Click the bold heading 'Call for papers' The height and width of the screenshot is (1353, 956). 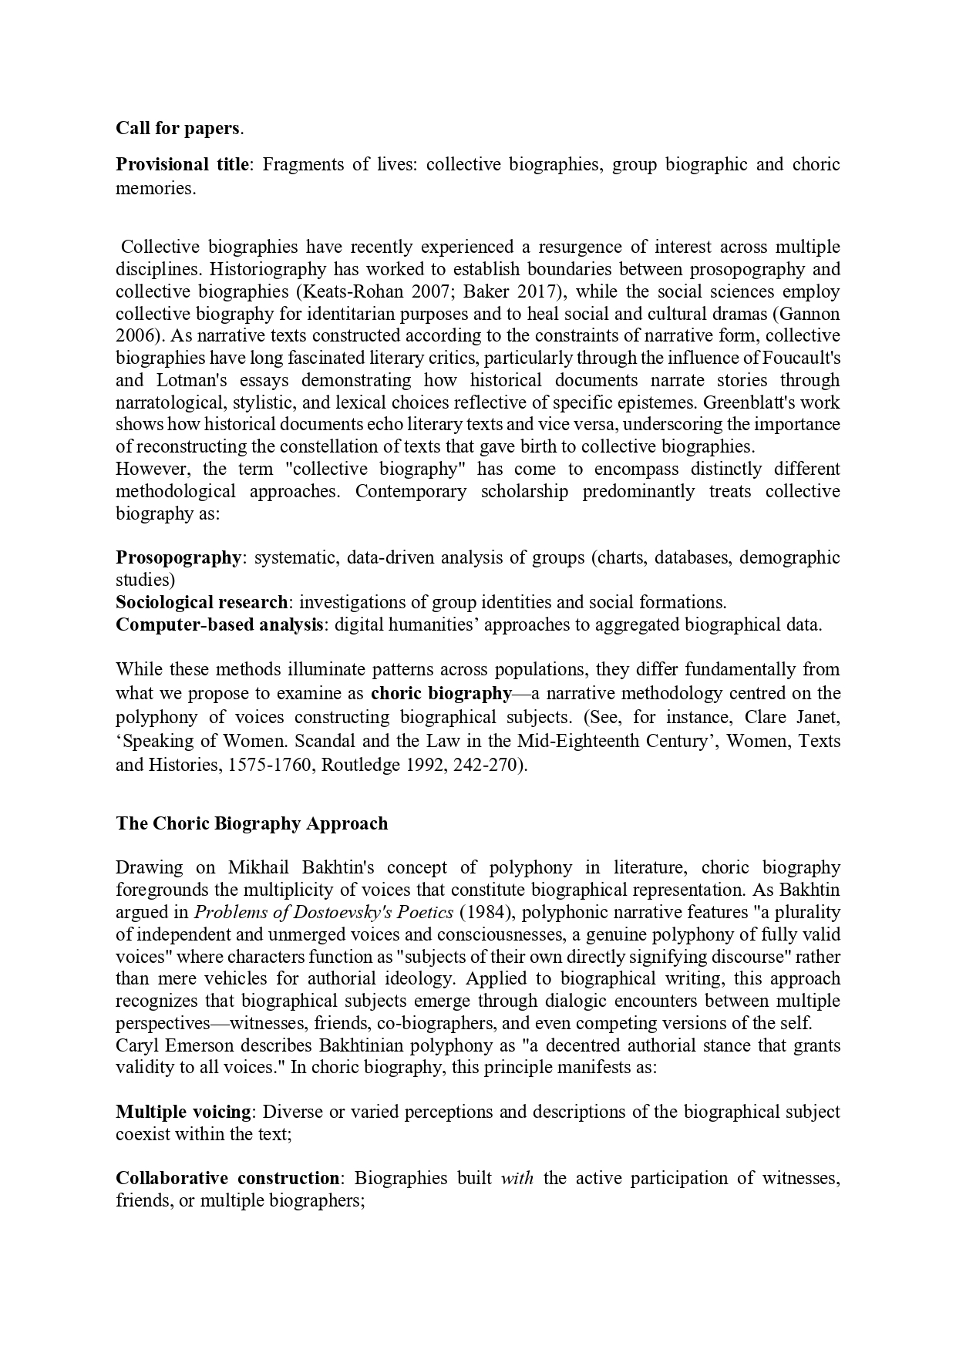tap(178, 128)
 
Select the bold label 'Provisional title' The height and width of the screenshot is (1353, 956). tap(183, 164)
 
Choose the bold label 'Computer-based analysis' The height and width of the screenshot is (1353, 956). tap(219, 624)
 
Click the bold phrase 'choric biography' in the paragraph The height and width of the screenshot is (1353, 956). tap(441, 693)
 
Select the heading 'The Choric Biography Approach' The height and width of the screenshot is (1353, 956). tap(252, 823)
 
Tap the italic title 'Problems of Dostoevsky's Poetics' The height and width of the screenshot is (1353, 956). tap(324, 912)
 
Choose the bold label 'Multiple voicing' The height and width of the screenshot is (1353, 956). tap(183, 1112)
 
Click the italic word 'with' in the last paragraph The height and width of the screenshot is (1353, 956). tap(517, 1179)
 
